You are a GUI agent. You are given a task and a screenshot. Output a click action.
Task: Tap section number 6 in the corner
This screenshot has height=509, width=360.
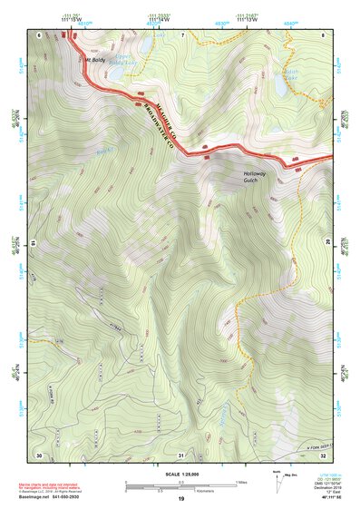click(x=40, y=34)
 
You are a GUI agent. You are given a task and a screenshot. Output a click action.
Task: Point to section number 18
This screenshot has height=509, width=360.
click(x=34, y=243)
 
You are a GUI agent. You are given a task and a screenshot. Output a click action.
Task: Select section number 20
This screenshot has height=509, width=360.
click(x=327, y=241)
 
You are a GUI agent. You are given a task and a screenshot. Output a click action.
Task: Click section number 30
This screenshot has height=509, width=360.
click(x=39, y=454)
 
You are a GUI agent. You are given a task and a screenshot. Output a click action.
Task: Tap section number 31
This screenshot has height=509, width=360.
click(x=181, y=455)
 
